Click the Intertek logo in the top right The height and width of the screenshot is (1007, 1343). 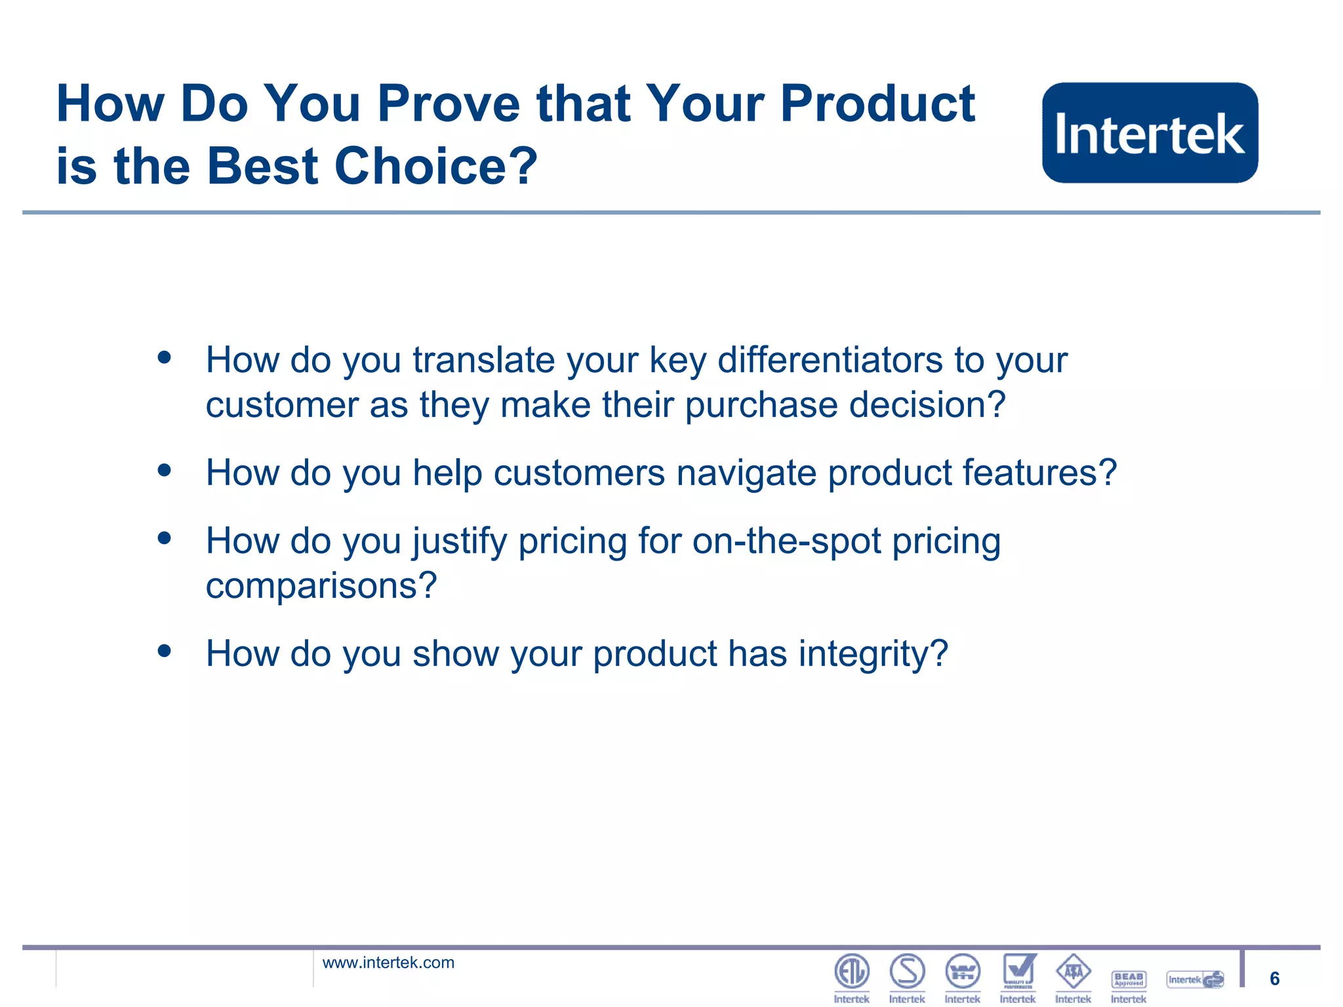1150,132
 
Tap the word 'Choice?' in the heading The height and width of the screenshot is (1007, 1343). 436,167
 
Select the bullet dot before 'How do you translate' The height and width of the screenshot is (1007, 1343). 164,358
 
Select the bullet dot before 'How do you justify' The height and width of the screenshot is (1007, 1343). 164,538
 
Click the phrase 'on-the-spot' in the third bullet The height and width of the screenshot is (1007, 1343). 786,542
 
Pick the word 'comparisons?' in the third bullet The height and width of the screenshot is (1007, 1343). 321,585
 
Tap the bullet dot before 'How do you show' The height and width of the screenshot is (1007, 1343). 164,651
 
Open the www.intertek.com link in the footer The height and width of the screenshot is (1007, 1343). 388,962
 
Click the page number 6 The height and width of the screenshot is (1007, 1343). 1274,979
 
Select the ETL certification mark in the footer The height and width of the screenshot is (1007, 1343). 851,972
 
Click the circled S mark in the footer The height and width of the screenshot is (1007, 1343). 907,972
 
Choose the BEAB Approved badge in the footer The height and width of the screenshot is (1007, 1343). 1129,979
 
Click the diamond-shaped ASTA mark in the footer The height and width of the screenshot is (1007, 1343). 1073,972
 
